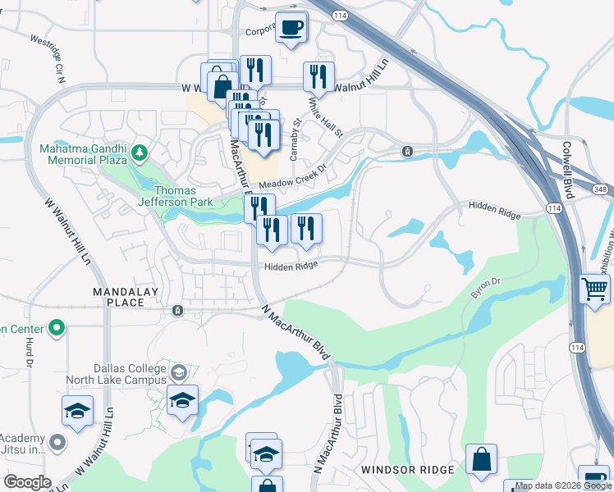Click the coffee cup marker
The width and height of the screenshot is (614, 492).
pyautogui.click(x=291, y=28)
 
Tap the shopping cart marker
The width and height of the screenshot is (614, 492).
pyautogui.click(x=594, y=289)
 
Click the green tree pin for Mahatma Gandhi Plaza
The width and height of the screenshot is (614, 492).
pyautogui.click(x=140, y=152)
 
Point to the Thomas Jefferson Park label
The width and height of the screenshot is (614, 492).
pyautogui.click(x=175, y=196)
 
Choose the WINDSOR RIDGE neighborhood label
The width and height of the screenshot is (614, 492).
pyautogui.click(x=407, y=470)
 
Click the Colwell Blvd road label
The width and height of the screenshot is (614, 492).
pyautogui.click(x=567, y=167)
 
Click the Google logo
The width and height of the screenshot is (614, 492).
pyautogui.click(x=27, y=482)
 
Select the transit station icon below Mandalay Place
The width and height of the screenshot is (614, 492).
pyautogui.click(x=177, y=311)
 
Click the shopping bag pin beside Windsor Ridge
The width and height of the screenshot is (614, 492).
pyautogui.click(x=481, y=461)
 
